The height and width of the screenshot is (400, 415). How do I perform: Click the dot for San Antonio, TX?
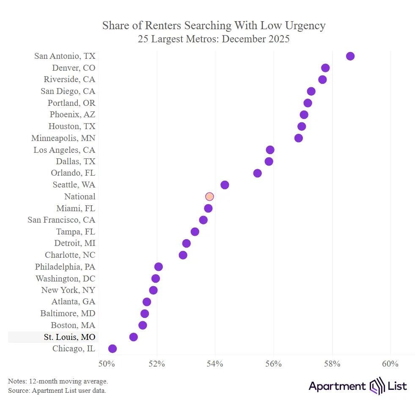(350, 56)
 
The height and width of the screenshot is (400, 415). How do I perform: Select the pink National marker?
(209, 196)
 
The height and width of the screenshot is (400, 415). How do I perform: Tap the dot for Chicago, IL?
(112, 349)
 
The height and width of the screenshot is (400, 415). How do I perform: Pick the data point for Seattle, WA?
(225, 185)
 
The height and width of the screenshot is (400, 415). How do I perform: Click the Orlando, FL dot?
(257, 173)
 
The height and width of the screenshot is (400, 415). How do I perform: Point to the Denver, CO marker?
(325, 68)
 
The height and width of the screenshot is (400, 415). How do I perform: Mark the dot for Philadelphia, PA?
(158, 267)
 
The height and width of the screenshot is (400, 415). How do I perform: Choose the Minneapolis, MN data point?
(298, 138)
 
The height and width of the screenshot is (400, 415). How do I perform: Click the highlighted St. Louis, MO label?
(69, 337)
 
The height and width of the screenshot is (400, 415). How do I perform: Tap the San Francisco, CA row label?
(61, 220)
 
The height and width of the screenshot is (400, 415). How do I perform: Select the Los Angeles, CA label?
(64, 150)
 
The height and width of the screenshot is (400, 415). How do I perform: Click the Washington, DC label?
(65, 279)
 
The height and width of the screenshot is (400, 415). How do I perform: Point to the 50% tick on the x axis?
(106, 364)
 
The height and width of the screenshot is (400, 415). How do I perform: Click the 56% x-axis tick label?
(273, 364)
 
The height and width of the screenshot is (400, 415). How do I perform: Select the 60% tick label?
(390, 364)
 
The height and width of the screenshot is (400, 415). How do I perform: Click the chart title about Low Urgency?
(214, 25)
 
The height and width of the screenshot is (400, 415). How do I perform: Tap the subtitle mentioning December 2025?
(214, 39)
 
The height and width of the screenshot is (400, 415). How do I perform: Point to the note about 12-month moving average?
(58, 381)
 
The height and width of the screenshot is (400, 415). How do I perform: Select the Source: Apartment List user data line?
(57, 390)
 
